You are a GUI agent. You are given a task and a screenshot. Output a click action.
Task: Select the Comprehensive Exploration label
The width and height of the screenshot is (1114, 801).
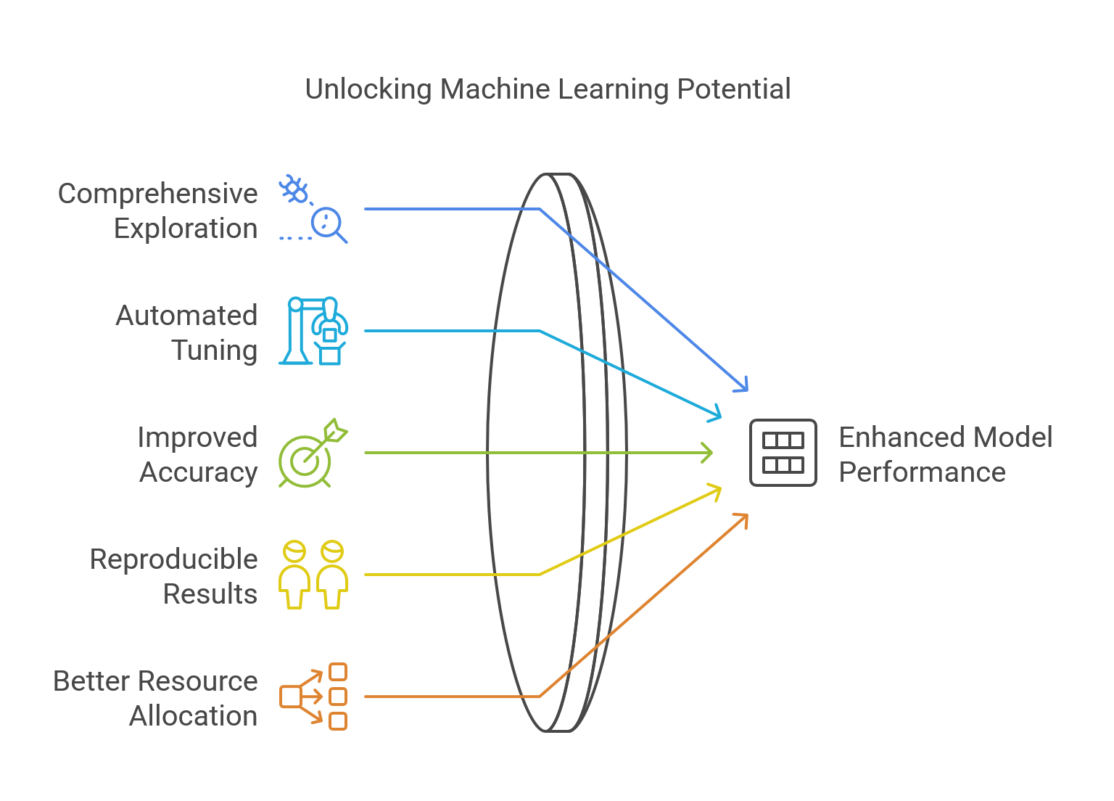coord(158,210)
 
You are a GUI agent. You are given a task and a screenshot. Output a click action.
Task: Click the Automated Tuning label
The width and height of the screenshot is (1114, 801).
coord(187,332)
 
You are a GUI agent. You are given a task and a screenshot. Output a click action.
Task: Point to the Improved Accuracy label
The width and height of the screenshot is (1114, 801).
coord(198,454)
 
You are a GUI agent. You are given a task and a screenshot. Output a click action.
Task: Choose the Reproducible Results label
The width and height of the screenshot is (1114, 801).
coord(174,576)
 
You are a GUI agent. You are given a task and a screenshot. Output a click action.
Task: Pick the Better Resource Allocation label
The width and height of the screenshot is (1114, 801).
coord(156,698)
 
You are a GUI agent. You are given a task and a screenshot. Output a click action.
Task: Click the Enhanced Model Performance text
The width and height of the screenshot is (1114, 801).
coord(945,454)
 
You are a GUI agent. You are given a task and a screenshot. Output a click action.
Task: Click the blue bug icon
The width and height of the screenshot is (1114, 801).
coord(294,190)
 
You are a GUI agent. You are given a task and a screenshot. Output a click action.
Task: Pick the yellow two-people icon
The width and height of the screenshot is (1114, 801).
coord(313,575)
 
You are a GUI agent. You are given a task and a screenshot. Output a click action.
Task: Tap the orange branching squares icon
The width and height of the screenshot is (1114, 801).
coord(313,697)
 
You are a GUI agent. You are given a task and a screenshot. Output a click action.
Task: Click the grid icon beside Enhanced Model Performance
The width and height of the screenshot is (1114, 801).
coord(783,453)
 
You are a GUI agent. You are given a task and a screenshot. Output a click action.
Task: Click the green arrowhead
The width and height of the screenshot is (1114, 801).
coord(707,453)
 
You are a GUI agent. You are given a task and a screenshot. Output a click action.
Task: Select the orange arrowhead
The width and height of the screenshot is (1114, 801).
coord(742,518)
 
